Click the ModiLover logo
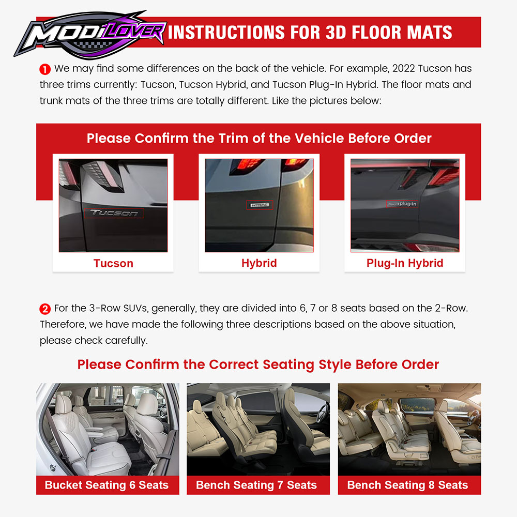point(89,35)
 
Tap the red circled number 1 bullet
point(45,69)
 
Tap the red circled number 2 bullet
point(45,309)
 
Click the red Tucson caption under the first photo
point(113,264)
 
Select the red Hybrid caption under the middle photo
point(259,263)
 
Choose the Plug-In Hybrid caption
point(405,263)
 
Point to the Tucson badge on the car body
point(114,213)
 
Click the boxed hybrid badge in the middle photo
point(260,205)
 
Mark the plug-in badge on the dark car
point(402,204)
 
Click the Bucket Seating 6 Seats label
point(107,485)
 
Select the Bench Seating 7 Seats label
point(256,485)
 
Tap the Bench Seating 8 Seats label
point(407,485)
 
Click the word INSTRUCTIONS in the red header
point(226,32)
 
